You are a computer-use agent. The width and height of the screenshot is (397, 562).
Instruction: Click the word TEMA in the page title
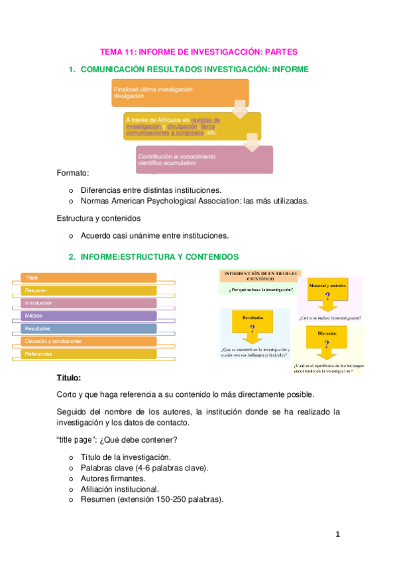pos(109,51)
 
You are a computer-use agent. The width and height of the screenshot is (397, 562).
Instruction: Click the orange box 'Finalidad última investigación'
pos(179,92)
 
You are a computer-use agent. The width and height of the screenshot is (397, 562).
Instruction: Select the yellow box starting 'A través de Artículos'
pos(192,125)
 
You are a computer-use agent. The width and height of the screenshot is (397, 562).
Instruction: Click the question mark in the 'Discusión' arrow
pos(327,343)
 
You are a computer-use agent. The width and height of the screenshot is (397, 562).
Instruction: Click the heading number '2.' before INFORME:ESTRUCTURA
pos(72,256)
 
